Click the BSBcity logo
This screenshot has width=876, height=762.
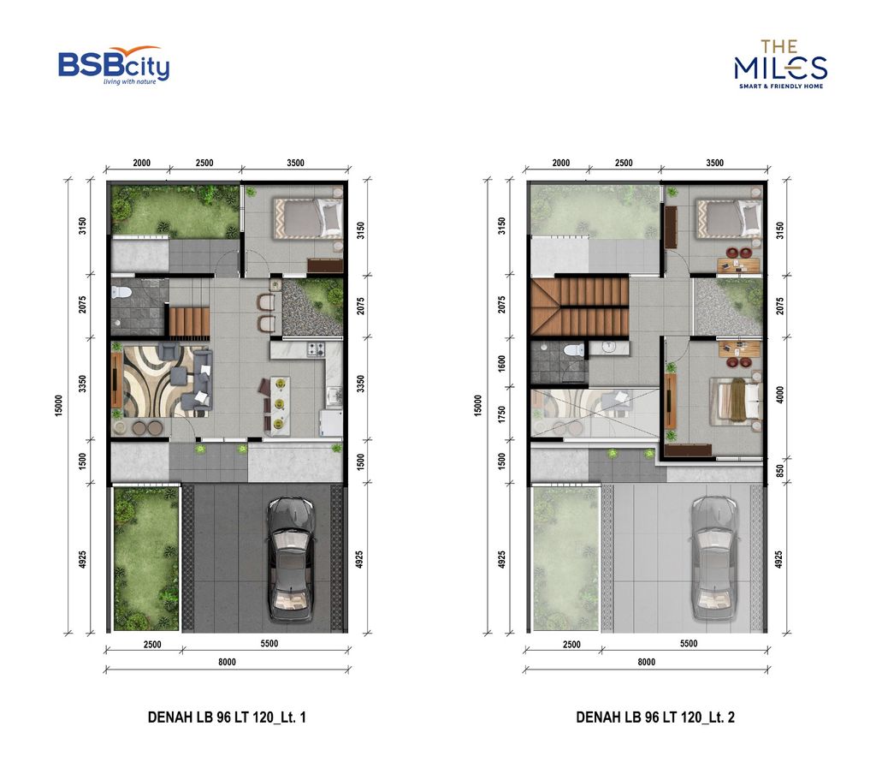coord(113,66)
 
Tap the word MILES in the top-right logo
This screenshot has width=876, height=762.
coord(780,68)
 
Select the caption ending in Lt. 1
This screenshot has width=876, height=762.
coord(227,717)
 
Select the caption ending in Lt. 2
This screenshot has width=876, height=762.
coord(655,717)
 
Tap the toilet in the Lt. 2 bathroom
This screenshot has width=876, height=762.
coord(573,349)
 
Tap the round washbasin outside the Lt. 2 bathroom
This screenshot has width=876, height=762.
coord(608,347)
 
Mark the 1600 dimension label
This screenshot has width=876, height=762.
coord(502,362)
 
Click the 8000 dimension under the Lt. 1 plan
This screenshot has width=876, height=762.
coord(227,662)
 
